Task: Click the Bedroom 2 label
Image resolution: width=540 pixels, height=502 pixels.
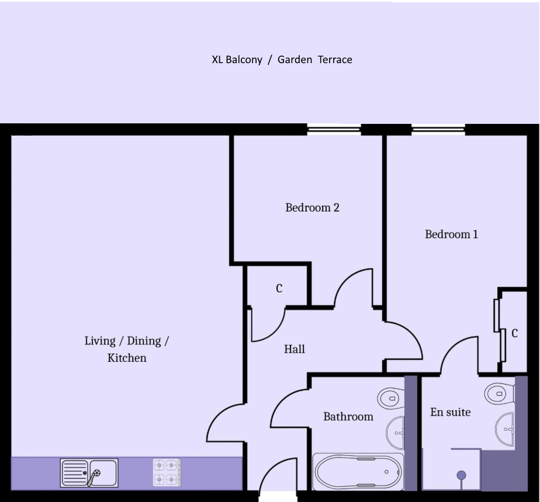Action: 312,207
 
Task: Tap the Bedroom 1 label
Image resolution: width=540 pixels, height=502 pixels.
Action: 451,234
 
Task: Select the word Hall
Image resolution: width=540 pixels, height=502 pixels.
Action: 295,349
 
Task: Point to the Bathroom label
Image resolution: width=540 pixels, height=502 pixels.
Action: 348,417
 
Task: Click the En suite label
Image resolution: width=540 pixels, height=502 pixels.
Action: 450,412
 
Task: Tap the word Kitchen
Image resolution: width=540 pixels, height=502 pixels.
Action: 127,358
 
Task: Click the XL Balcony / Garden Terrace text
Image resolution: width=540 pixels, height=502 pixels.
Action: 282,60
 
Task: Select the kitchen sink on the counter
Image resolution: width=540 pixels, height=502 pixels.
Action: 89,473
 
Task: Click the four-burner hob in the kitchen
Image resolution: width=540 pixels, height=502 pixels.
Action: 167,472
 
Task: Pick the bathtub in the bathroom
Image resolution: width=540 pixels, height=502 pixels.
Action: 358,472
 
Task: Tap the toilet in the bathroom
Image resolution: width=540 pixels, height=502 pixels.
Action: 391,399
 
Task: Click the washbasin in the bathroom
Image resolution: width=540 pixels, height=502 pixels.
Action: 395,433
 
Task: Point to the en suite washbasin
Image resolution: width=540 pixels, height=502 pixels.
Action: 505,430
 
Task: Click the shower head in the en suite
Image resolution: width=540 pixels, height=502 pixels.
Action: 461,476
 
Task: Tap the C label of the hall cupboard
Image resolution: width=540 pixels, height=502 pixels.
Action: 279,288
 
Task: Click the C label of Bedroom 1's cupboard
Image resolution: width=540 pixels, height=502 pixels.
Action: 514,333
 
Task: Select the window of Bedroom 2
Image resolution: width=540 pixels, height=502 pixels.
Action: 334,130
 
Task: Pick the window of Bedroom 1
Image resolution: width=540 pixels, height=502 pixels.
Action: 438,130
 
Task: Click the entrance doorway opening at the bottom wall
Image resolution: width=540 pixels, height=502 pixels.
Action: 278,496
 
